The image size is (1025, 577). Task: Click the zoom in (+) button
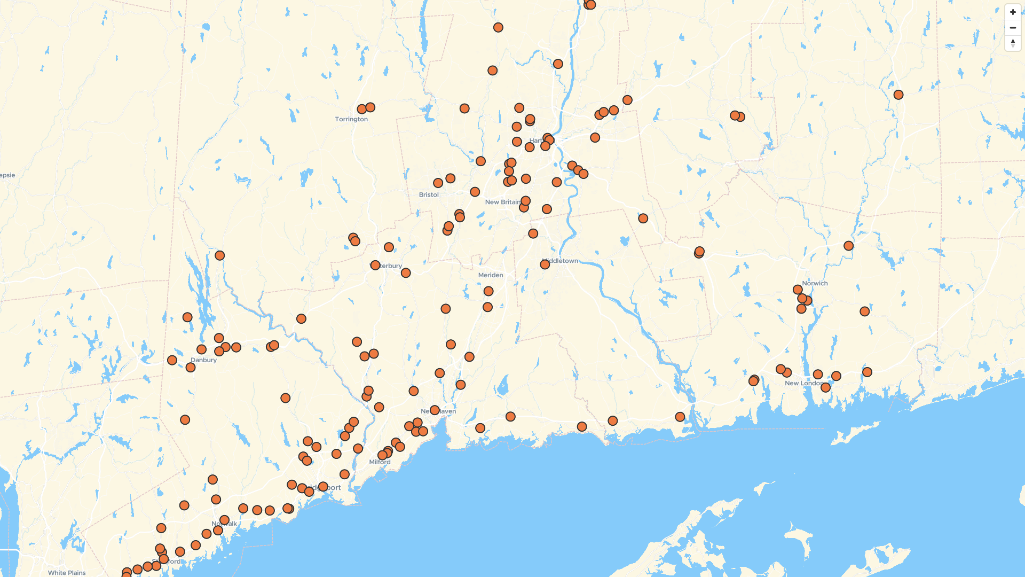pyautogui.click(x=1013, y=12)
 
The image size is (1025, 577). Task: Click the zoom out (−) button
pyautogui.click(x=1013, y=27)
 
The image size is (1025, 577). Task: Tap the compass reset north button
pyautogui.click(x=1013, y=43)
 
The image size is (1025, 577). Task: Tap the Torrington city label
pyautogui.click(x=351, y=119)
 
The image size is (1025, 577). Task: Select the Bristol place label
pyautogui.click(x=429, y=195)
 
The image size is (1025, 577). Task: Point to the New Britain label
pyautogui.click(x=502, y=202)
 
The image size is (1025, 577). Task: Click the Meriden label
pyautogui.click(x=491, y=275)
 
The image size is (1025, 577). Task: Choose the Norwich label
pyautogui.click(x=815, y=283)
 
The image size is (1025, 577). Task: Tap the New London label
pyautogui.click(x=803, y=383)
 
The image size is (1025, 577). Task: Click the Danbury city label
pyautogui.click(x=204, y=360)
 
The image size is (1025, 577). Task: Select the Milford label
pyautogui.click(x=380, y=462)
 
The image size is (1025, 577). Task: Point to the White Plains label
pyautogui.click(x=67, y=573)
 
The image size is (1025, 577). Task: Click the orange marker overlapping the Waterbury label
pyautogui.click(x=375, y=266)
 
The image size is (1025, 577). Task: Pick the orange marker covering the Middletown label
pyautogui.click(x=545, y=264)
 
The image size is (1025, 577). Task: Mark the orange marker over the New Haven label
pyautogui.click(x=435, y=410)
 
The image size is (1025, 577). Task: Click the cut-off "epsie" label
pyautogui.click(x=7, y=175)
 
